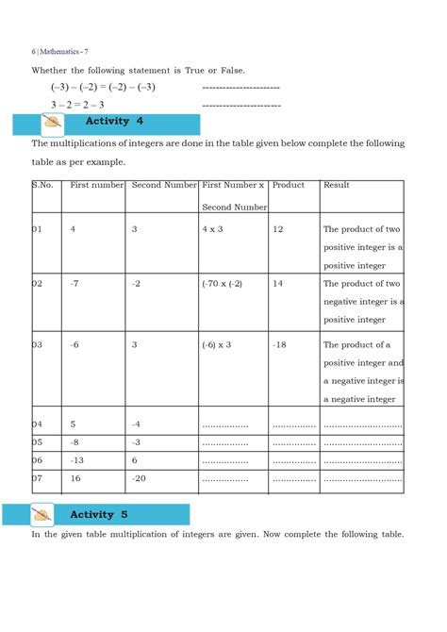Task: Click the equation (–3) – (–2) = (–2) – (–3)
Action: (x=103, y=88)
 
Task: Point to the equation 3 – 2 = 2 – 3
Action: (x=77, y=105)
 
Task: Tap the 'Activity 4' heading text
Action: (x=114, y=122)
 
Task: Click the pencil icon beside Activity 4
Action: (x=54, y=123)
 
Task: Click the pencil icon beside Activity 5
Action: (x=42, y=515)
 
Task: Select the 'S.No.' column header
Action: (x=42, y=185)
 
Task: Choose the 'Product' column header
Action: (x=288, y=185)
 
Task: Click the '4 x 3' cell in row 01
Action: (x=212, y=229)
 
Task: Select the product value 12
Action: (x=278, y=229)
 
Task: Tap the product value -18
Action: (x=279, y=345)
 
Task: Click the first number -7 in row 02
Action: (x=74, y=283)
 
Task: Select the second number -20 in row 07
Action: (x=140, y=478)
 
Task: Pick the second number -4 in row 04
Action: (x=136, y=424)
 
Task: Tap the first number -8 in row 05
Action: (x=74, y=441)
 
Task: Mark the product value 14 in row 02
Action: (x=278, y=283)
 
